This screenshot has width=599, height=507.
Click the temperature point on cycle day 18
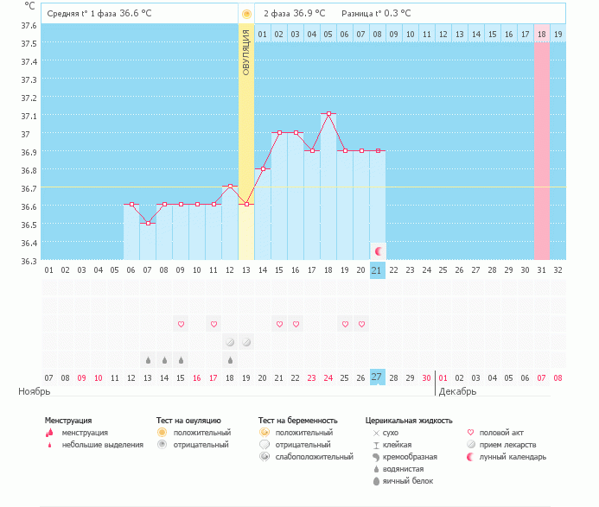tap(328, 114)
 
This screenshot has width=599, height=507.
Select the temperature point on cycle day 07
tap(148, 224)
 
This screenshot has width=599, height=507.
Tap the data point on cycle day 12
tap(230, 187)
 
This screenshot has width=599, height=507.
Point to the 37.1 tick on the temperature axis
tap(29, 116)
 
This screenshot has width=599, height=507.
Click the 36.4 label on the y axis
tap(29, 244)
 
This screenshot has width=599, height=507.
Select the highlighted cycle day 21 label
tap(377, 270)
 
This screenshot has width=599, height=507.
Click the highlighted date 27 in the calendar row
tap(377, 377)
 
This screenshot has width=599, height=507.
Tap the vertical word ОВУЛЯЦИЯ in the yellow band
tap(246, 53)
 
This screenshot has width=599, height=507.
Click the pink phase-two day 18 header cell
tap(542, 34)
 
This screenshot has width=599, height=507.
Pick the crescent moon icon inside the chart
tap(379, 251)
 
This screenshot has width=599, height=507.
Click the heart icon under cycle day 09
tap(181, 324)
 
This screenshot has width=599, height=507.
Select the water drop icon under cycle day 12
tap(230, 360)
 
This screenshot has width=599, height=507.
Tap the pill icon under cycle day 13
tap(246, 342)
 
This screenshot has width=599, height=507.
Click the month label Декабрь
tap(457, 391)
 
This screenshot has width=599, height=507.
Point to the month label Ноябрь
tap(35, 391)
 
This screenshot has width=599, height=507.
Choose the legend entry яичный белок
tap(408, 481)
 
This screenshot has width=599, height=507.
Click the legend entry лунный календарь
tap(513, 457)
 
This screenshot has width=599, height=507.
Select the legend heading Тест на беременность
tap(298, 421)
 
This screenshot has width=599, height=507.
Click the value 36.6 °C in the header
tap(136, 13)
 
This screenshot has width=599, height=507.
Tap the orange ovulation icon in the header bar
tap(247, 14)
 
